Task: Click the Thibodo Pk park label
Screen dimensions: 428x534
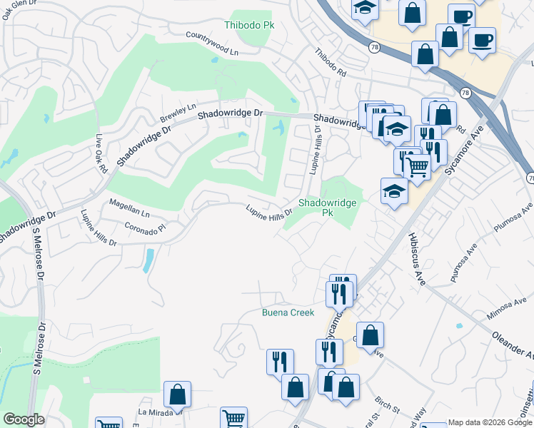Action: click(249, 25)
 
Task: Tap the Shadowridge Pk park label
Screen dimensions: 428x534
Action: click(326, 208)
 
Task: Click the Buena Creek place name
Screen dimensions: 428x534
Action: click(288, 312)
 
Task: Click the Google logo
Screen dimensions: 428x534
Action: click(24, 419)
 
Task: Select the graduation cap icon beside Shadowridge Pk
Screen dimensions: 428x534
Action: click(394, 191)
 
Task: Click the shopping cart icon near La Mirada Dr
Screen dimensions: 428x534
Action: click(233, 417)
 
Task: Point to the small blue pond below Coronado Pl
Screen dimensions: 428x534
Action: click(148, 260)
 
